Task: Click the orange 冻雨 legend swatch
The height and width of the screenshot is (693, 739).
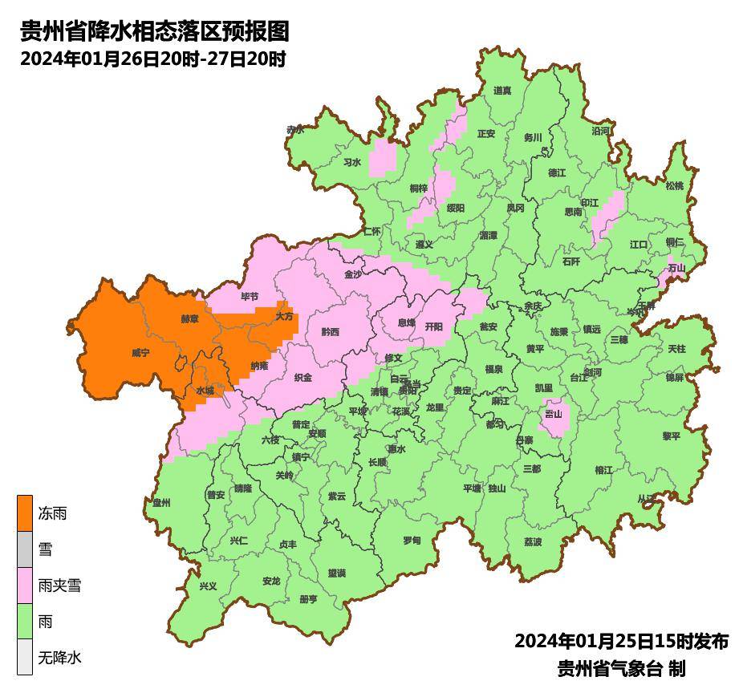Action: (x=25, y=513)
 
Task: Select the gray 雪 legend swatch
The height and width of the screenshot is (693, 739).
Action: (x=25, y=549)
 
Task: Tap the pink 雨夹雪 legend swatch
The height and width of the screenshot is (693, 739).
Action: (x=25, y=586)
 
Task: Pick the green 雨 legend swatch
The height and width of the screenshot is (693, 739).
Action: (x=25, y=622)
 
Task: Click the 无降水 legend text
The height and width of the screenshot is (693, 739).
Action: (x=60, y=659)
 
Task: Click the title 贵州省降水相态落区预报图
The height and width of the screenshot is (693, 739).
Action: (x=154, y=31)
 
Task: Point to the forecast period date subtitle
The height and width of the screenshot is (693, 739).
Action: (x=152, y=59)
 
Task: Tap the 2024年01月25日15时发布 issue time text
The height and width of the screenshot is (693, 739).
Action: (x=621, y=641)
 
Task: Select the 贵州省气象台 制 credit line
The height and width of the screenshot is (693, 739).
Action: (x=621, y=668)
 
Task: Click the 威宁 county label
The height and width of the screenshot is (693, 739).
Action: (x=140, y=352)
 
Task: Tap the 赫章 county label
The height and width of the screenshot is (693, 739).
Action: (x=189, y=318)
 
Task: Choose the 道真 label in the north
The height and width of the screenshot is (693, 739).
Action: (x=502, y=91)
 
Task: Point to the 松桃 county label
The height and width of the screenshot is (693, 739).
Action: (x=675, y=186)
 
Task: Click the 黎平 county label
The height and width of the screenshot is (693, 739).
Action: (x=671, y=436)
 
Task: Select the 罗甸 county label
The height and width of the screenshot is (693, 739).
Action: (x=412, y=540)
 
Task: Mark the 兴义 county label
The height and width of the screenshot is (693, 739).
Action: (x=208, y=586)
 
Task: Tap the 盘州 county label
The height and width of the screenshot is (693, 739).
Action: (x=162, y=502)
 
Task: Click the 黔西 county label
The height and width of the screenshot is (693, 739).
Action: (x=330, y=331)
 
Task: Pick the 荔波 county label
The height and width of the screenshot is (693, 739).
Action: (x=533, y=541)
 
